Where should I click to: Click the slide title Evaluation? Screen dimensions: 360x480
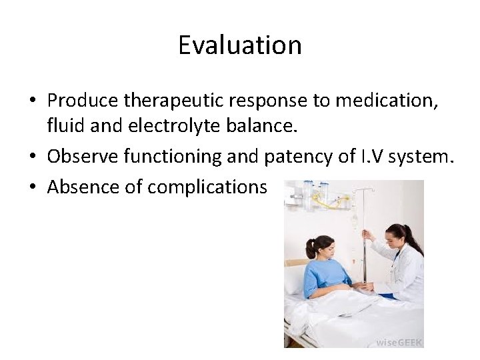pos(240,45)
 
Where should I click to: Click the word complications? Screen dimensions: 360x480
pos(207,188)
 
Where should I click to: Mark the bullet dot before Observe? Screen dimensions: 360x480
pos(33,157)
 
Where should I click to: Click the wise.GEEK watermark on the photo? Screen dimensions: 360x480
pos(398,341)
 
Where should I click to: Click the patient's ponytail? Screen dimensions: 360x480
pos(311,249)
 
